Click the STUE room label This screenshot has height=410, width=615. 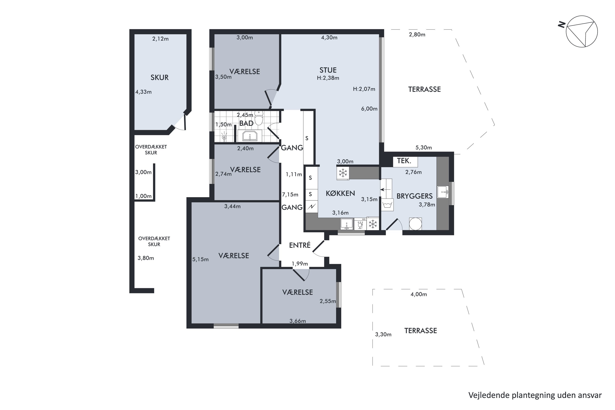[x=328, y=70]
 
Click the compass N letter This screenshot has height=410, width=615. [x=562, y=25]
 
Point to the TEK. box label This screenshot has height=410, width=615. [x=404, y=161]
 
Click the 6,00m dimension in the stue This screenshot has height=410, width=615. [x=369, y=109]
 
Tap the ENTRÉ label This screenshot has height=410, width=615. [x=300, y=245]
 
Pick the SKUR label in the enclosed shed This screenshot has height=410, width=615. [x=159, y=77]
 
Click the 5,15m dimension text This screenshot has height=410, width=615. [x=200, y=259]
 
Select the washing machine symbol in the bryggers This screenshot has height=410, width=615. [x=387, y=205]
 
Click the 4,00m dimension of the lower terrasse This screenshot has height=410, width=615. [x=419, y=294]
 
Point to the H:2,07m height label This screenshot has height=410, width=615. [x=364, y=89]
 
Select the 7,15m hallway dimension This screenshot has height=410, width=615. [x=290, y=195]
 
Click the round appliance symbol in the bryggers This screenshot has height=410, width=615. [x=415, y=224]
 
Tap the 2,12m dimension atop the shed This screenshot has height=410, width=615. [x=160, y=39]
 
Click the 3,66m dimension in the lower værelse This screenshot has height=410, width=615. [x=298, y=321]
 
